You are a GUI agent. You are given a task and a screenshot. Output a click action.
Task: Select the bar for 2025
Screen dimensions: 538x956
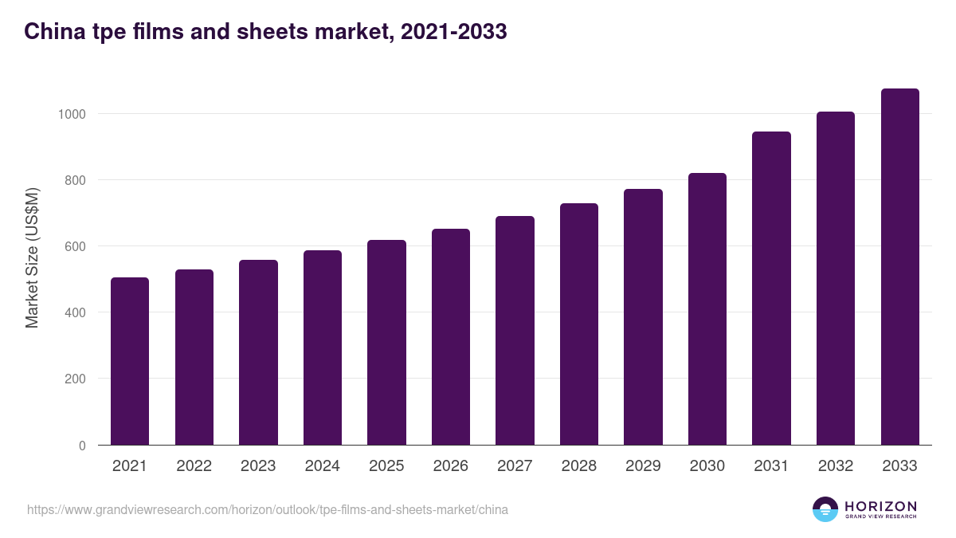386,343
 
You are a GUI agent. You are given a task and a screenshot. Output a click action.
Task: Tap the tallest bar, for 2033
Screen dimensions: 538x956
899,267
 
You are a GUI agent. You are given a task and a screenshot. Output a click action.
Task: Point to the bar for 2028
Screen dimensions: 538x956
579,324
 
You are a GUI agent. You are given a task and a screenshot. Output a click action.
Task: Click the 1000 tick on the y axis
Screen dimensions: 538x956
72,114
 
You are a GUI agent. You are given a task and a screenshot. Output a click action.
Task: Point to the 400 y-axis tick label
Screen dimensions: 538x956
75,312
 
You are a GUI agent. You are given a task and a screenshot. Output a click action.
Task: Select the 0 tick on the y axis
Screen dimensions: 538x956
82,446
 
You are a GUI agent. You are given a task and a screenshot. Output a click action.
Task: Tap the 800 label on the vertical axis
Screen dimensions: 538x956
75,180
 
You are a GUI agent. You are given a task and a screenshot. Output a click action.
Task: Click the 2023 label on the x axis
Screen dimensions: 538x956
258,466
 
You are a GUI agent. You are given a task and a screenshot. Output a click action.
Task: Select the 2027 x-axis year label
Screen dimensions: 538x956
515,466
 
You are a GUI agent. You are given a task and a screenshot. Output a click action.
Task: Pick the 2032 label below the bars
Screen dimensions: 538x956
836,466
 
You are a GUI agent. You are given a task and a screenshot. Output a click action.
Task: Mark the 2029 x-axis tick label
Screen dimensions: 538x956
643,466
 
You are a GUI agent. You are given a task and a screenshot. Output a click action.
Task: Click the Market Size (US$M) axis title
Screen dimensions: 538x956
32,257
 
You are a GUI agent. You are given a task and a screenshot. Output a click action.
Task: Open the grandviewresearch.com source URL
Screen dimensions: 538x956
268,509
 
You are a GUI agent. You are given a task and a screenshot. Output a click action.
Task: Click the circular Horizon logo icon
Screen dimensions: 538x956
825,509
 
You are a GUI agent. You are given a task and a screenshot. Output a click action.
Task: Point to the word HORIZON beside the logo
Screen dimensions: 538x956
880,505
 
